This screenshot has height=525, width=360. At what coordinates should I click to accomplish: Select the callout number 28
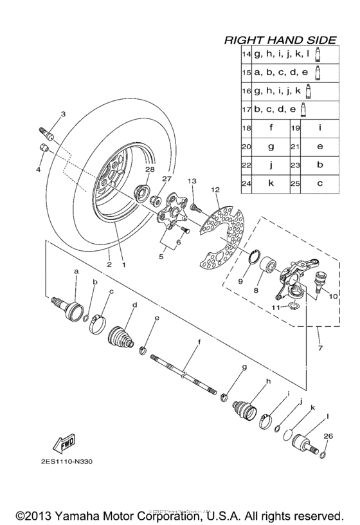(x=149, y=169)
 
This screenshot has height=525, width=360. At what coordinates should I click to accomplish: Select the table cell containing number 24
(x=246, y=183)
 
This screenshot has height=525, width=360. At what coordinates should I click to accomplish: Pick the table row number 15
(x=246, y=73)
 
